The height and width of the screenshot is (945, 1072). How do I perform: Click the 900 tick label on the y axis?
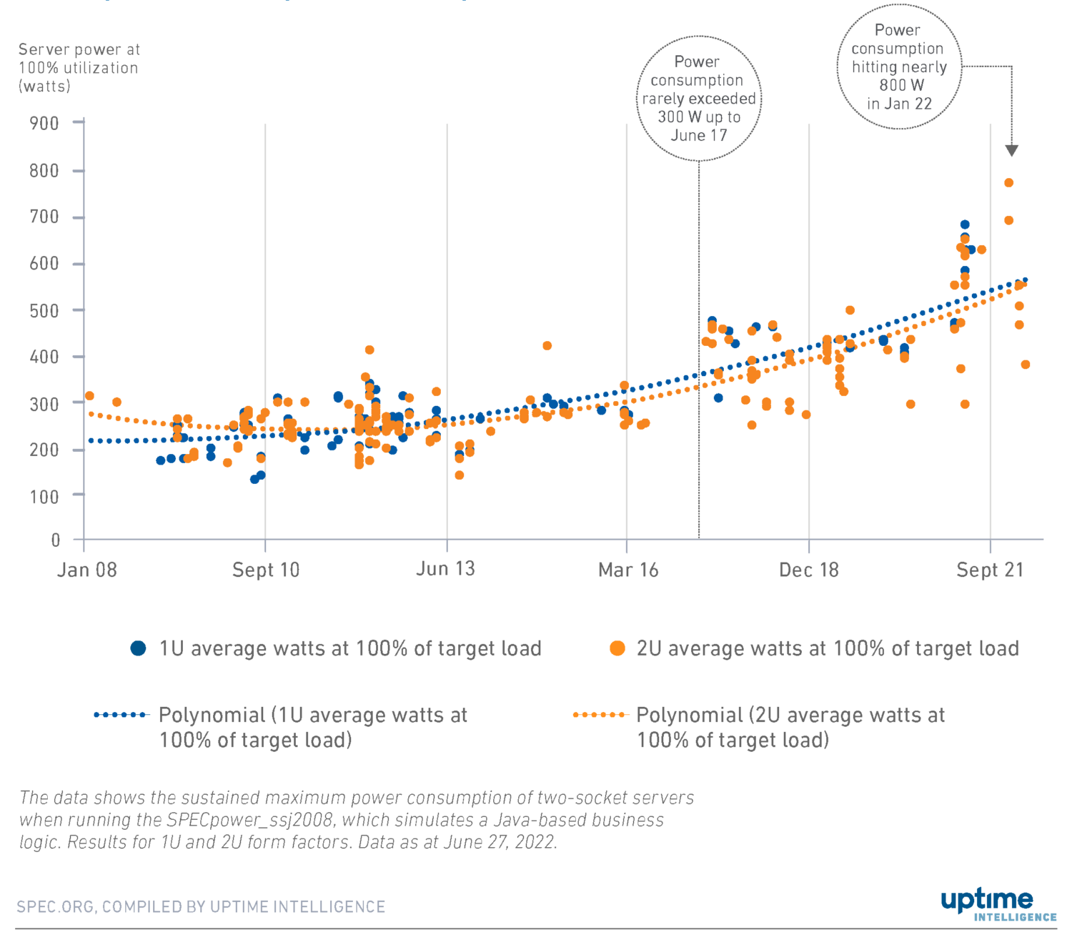(x=44, y=124)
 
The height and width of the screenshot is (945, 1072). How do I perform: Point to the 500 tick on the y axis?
(x=44, y=310)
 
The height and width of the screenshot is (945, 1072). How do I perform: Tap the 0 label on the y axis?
(x=56, y=540)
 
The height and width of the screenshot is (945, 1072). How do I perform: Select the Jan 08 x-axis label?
(x=87, y=570)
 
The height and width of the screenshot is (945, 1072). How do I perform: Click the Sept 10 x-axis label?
(x=266, y=570)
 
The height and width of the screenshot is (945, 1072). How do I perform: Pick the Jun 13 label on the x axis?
(x=445, y=569)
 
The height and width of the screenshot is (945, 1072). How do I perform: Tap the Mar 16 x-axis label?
(x=628, y=570)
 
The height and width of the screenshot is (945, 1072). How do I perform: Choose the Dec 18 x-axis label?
(x=809, y=570)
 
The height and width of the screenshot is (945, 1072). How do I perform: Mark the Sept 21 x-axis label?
(x=990, y=570)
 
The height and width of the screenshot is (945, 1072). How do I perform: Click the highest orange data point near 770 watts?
(x=1009, y=183)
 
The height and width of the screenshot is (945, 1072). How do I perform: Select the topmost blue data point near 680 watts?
(x=965, y=224)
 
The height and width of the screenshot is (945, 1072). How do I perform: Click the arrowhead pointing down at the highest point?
(x=1011, y=150)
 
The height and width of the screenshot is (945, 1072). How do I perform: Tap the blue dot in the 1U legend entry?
(x=139, y=648)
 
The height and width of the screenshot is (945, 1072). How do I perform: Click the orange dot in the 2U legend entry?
(x=617, y=648)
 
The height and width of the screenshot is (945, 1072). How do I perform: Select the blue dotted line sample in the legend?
(x=121, y=715)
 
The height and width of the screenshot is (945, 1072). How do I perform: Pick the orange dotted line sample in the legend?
(x=600, y=715)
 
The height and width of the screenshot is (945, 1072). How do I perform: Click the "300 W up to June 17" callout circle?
(x=699, y=99)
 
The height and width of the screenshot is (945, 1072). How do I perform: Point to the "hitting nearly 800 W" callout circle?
(x=899, y=66)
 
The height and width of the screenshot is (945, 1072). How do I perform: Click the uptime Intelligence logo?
(x=998, y=905)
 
